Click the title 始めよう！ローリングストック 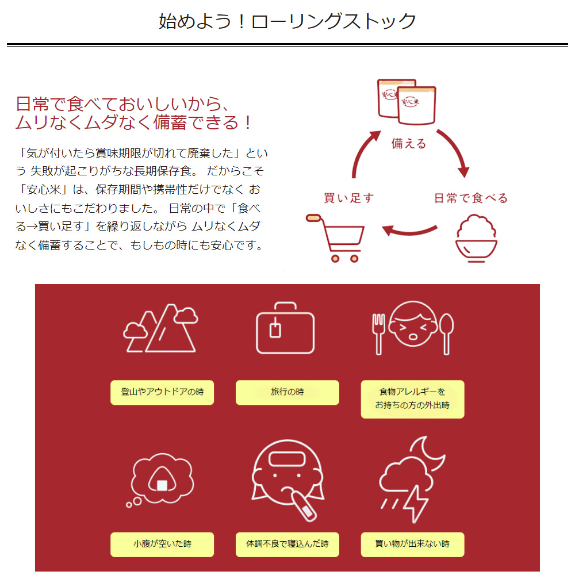point(287,21)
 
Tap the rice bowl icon point(476,240)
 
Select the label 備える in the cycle point(409,143)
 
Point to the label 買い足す point(348,198)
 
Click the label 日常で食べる point(470,198)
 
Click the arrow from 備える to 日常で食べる point(454,152)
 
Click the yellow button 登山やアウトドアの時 point(162,392)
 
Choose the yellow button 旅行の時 point(287,392)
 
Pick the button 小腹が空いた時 point(162,544)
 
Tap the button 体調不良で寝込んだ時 point(287,544)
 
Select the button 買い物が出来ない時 point(412,544)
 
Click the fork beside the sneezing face point(378,333)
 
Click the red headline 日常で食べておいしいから point(124,104)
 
